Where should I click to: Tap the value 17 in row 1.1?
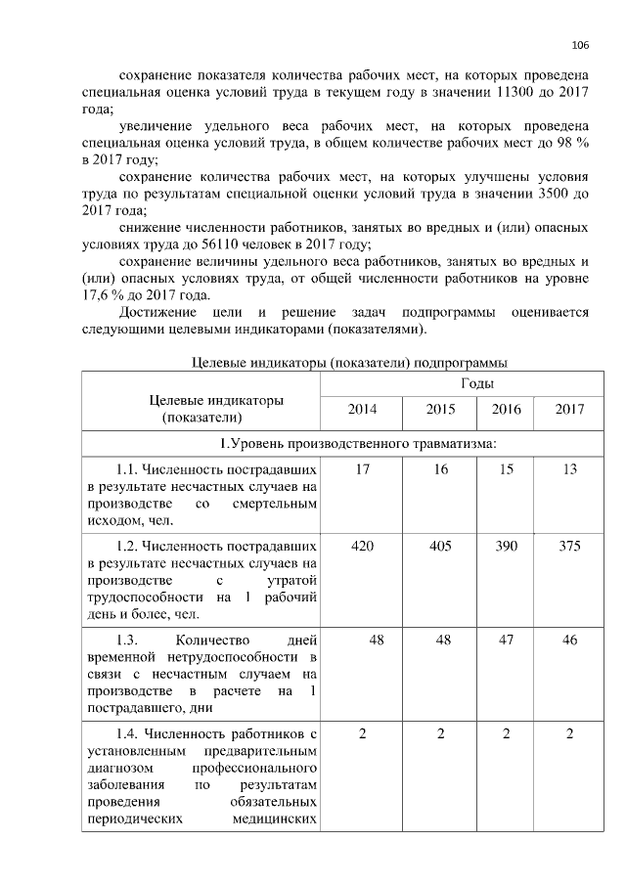(x=362, y=469)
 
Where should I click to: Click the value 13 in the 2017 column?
(x=569, y=469)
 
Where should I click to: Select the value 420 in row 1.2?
(x=362, y=546)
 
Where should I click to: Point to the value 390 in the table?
(x=505, y=546)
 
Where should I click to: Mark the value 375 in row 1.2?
(x=569, y=546)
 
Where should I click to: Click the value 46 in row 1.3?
(x=569, y=640)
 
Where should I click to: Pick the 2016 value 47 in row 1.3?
(x=505, y=640)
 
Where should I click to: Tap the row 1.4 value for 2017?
(x=569, y=733)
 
